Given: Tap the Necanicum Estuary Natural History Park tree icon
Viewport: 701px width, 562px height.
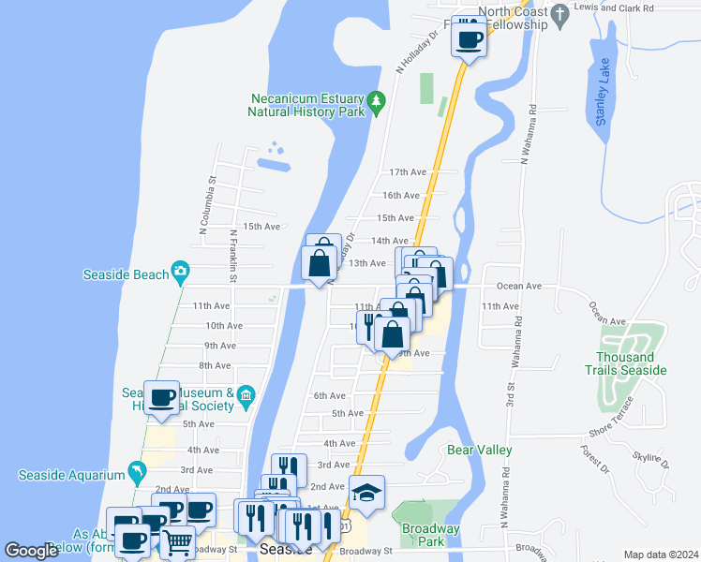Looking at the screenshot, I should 377,100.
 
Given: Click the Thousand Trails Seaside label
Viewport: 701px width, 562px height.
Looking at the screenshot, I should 633,363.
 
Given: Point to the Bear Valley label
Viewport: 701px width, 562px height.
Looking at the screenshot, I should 480,451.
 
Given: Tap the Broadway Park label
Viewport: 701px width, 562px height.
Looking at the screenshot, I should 430,536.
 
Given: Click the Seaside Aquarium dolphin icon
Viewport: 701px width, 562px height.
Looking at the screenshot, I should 138,474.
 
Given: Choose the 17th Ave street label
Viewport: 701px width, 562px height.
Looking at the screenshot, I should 408,172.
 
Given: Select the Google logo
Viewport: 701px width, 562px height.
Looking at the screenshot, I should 31,552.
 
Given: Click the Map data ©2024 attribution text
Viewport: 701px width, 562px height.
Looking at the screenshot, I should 660,555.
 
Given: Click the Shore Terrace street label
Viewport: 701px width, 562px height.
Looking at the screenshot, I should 614,431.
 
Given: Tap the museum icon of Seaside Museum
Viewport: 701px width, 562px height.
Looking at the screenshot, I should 246,394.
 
